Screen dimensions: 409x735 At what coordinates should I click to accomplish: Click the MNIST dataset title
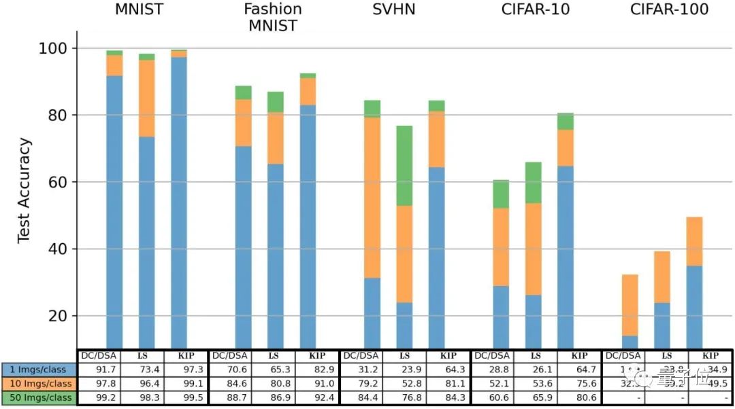pos(140,10)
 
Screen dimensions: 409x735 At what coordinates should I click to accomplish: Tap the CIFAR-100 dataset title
pos(669,10)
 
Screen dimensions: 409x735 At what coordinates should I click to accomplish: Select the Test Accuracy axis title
pos(24,190)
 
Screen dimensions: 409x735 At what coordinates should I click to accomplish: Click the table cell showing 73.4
pos(142,369)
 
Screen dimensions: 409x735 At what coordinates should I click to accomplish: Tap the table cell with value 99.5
pos(186,397)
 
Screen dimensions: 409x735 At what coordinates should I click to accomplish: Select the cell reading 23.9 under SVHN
pos(404,369)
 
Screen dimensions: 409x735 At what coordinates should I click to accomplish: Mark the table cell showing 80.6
pos(579,397)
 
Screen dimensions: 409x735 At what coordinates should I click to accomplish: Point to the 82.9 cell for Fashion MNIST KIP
pos(317,369)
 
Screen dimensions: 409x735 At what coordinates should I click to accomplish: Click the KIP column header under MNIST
pos(186,355)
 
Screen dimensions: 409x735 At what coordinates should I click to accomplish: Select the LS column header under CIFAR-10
pos(536,355)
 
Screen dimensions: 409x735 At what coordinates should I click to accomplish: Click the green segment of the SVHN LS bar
pos(404,165)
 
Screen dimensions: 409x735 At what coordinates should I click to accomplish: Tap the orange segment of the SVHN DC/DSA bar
pos(372,197)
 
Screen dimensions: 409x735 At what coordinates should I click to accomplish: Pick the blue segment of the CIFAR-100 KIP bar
pos(694,306)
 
